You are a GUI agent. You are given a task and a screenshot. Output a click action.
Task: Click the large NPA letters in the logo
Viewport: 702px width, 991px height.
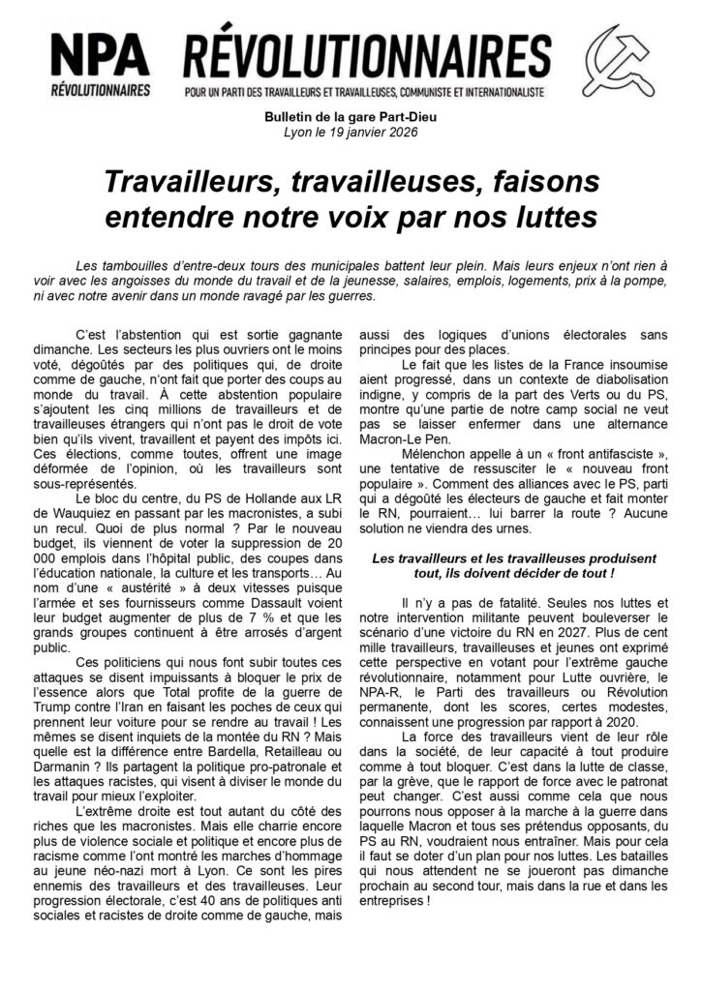[x=101, y=56]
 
